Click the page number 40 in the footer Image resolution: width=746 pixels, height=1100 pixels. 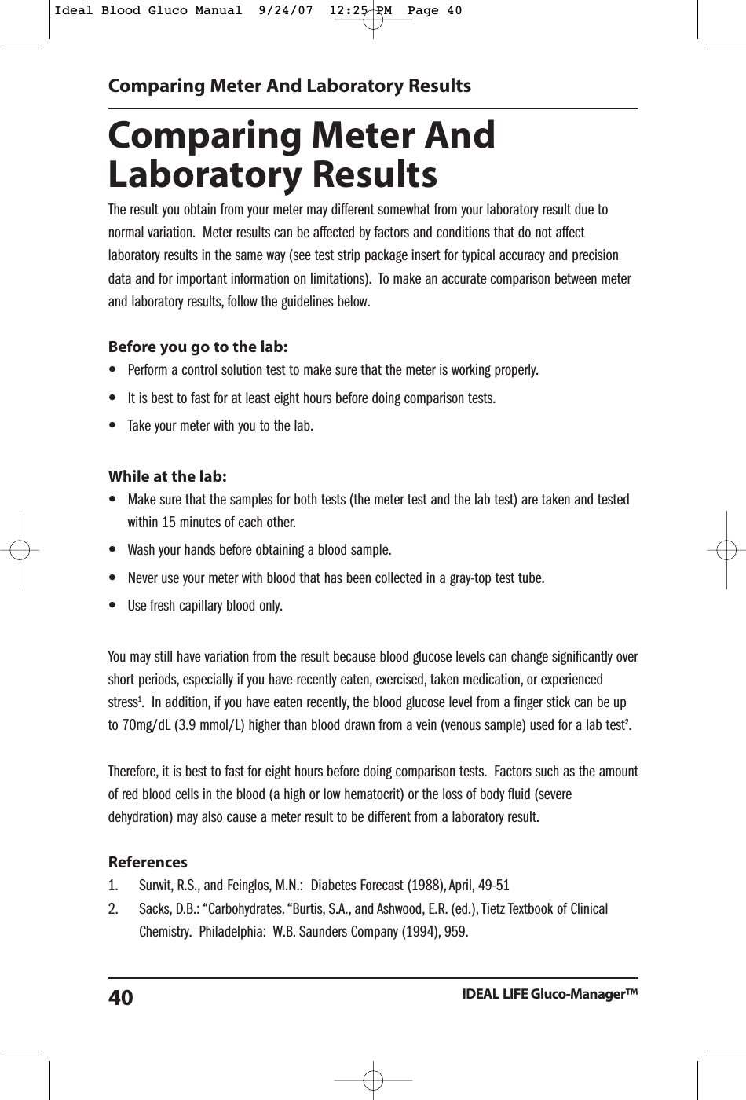[x=120, y=998]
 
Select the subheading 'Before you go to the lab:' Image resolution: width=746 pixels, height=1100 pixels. [x=197, y=346]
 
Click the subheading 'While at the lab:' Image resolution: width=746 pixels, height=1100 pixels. [x=167, y=476]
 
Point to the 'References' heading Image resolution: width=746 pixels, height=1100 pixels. [x=148, y=862]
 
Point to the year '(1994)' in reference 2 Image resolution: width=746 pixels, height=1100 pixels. [x=420, y=932]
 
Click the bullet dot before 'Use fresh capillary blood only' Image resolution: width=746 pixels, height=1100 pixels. [x=115, y=606]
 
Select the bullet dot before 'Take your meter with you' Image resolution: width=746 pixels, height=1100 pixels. [x=115, y=426]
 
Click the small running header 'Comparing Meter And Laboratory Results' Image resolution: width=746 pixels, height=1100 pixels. [x=289, y=86]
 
